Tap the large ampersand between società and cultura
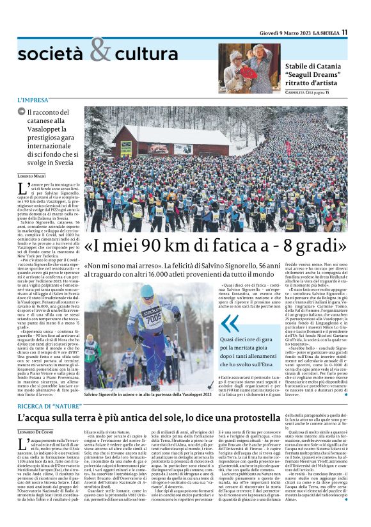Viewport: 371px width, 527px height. tap(100, 51)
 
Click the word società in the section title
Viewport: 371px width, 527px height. tap(52, 54)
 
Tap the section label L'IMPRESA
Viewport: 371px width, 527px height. tap(33, 101)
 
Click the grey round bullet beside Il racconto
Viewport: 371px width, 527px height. tap(22, 112)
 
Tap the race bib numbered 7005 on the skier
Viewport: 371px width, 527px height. tap(153, 317)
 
